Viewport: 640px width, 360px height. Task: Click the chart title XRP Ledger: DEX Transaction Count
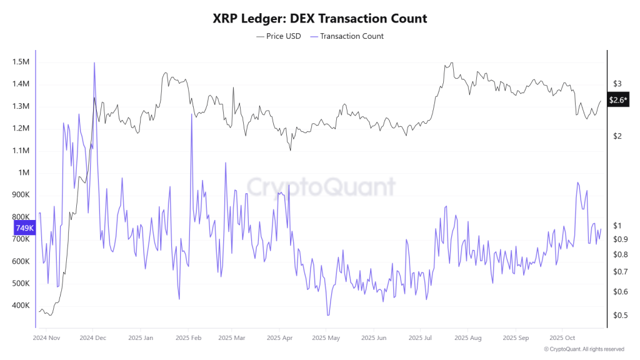320,18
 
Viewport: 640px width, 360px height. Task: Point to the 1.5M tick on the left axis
21,62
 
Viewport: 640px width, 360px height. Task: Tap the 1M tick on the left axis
24,172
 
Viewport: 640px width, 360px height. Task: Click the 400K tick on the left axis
21,306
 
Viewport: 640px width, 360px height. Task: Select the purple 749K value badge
24,228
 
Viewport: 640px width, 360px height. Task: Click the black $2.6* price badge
618,100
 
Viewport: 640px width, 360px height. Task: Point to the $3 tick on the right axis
617,84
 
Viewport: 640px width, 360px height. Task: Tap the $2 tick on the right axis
617,136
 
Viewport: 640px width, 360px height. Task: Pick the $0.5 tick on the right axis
620,315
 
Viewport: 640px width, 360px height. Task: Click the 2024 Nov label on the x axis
47,337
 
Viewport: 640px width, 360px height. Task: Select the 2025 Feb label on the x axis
187,337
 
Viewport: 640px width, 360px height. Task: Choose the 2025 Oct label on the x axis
561,337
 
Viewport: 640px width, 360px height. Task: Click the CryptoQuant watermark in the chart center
320,186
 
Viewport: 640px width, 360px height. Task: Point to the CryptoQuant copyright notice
584,349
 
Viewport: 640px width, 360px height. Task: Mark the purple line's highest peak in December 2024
94,62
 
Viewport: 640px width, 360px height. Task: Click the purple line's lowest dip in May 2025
327,315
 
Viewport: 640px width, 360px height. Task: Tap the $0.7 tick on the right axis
620,272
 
